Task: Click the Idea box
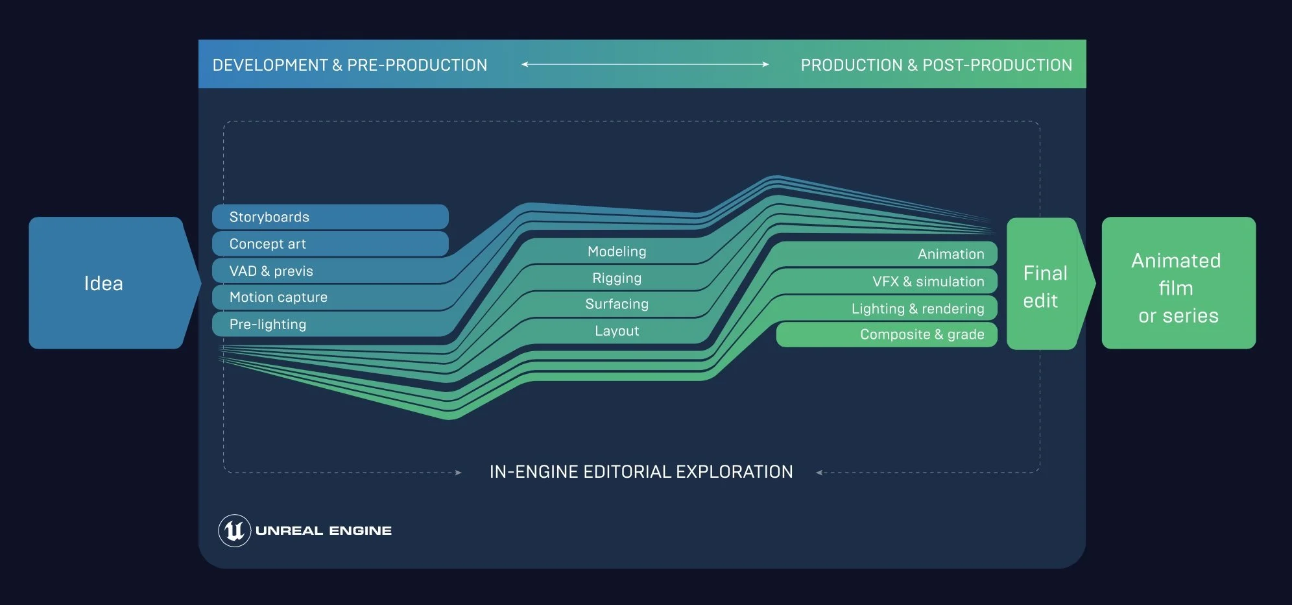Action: tap(104, 284)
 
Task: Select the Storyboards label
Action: tap(269, 217)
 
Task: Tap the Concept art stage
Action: tap(267, 244)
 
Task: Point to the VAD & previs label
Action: tap(271, 271)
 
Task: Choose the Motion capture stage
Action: tap(278, 297)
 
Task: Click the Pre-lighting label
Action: tap(267, 325)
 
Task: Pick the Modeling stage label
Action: tap(617, 252)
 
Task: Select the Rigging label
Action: tap(617, 278)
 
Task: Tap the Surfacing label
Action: tap(617, 304)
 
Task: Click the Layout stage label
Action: tap(617, 331)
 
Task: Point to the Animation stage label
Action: tap(951, 254)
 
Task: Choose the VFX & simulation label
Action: tap(928, 282)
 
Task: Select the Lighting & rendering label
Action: tap(918, 309)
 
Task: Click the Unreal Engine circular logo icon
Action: tap(234, 531)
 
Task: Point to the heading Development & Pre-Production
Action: tap(350, 66)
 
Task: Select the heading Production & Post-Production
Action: tap(936, 66)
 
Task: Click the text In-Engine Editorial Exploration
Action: tap(641, 472)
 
